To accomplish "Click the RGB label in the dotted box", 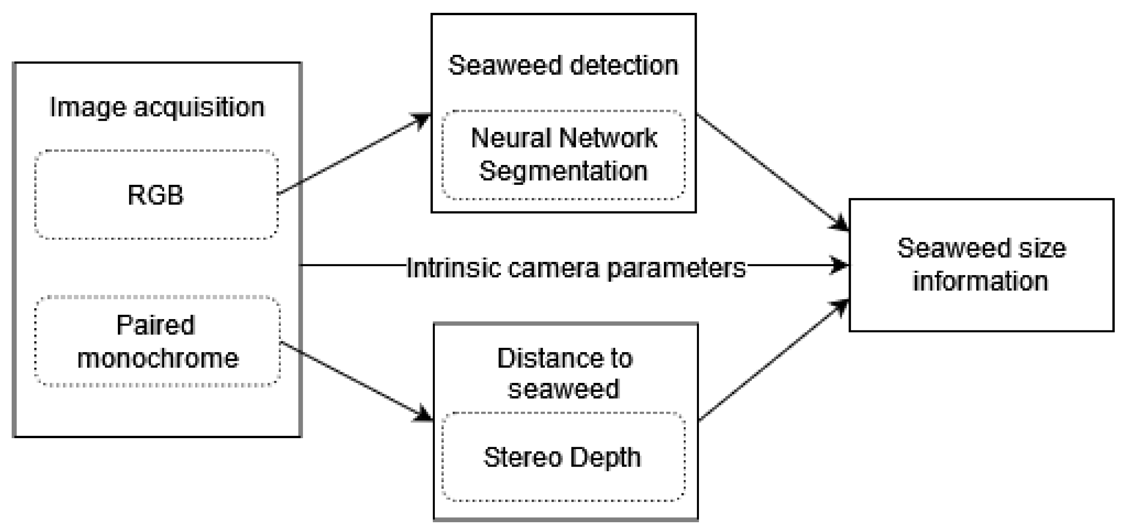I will coord(156,195).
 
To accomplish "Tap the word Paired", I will coord(156,325).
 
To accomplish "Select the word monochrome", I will coord(158,358).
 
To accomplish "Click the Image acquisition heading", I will coord(157,107).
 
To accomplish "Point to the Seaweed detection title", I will coord(563,66).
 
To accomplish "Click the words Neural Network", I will coord(564,138).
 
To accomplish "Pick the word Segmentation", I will coord(563,171).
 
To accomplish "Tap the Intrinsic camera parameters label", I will coord(576,268).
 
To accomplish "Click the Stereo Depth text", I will coord(562,457).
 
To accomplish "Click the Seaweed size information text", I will coord(981,265).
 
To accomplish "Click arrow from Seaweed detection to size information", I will coord(769,170).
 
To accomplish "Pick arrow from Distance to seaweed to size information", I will coord(769,361).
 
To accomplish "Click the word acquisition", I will coord(199,107).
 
